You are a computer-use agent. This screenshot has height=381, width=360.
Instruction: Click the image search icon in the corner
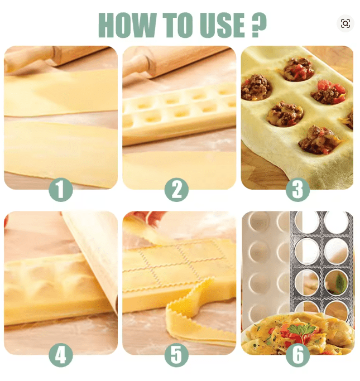(345, 23)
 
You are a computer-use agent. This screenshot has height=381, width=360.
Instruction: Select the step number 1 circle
(60, 189)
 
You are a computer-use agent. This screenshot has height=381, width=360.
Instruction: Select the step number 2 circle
(176, 189)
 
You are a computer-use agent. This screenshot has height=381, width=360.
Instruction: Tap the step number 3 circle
(297, 189)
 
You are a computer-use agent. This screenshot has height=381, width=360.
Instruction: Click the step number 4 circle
(60, 355)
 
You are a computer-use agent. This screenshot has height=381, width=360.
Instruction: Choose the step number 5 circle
(176, 355)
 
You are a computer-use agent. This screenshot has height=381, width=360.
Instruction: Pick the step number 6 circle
(297, 355)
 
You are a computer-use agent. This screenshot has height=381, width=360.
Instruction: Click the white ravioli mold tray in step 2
(179, 112)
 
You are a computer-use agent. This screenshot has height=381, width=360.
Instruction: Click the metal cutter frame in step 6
(321, 262)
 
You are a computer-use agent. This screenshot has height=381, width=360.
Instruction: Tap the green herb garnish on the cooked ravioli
(300, 329)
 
